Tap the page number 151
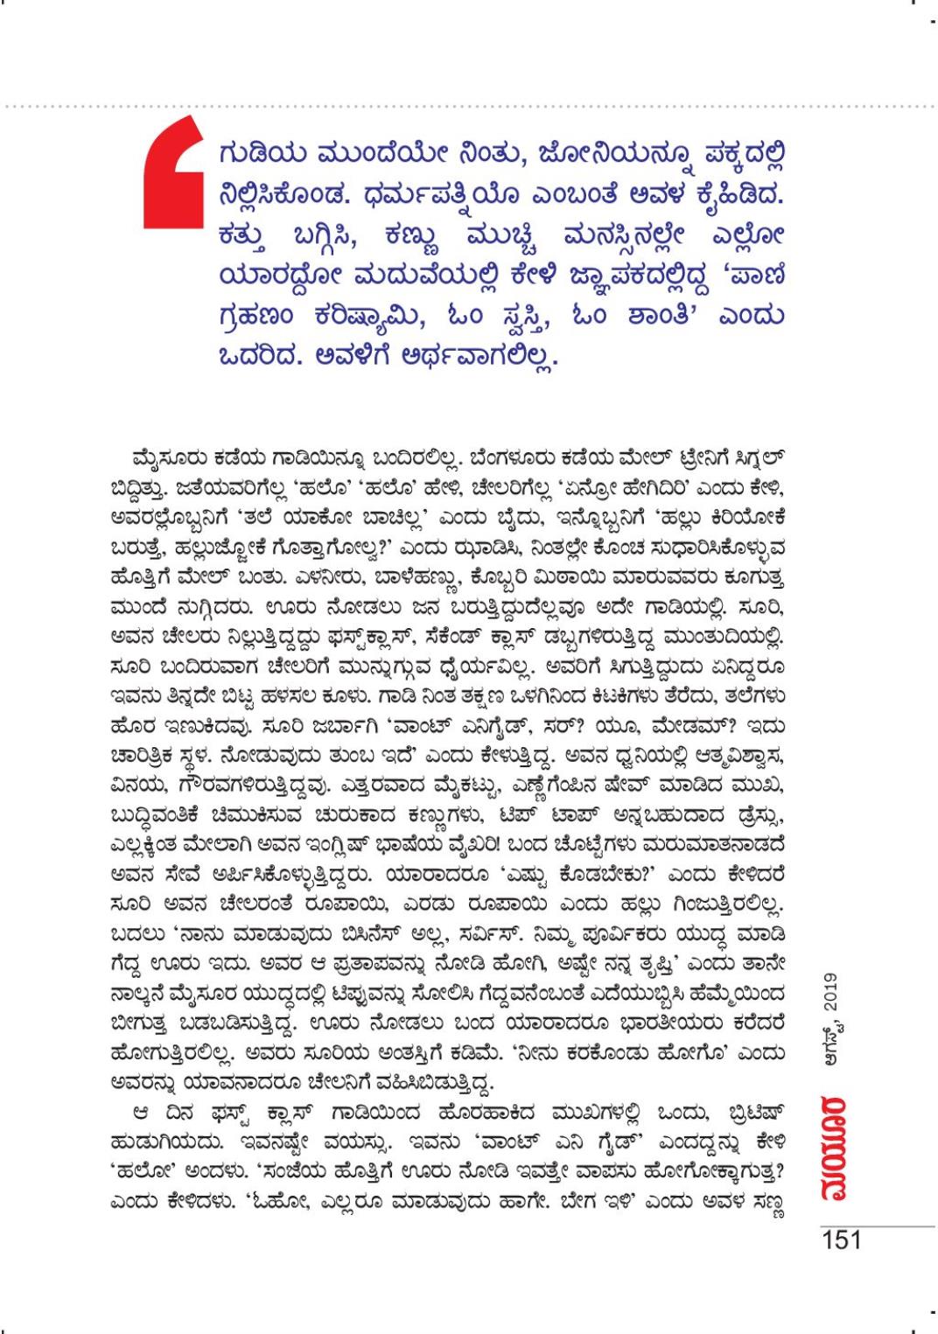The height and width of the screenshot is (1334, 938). tap(842, 1240)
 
